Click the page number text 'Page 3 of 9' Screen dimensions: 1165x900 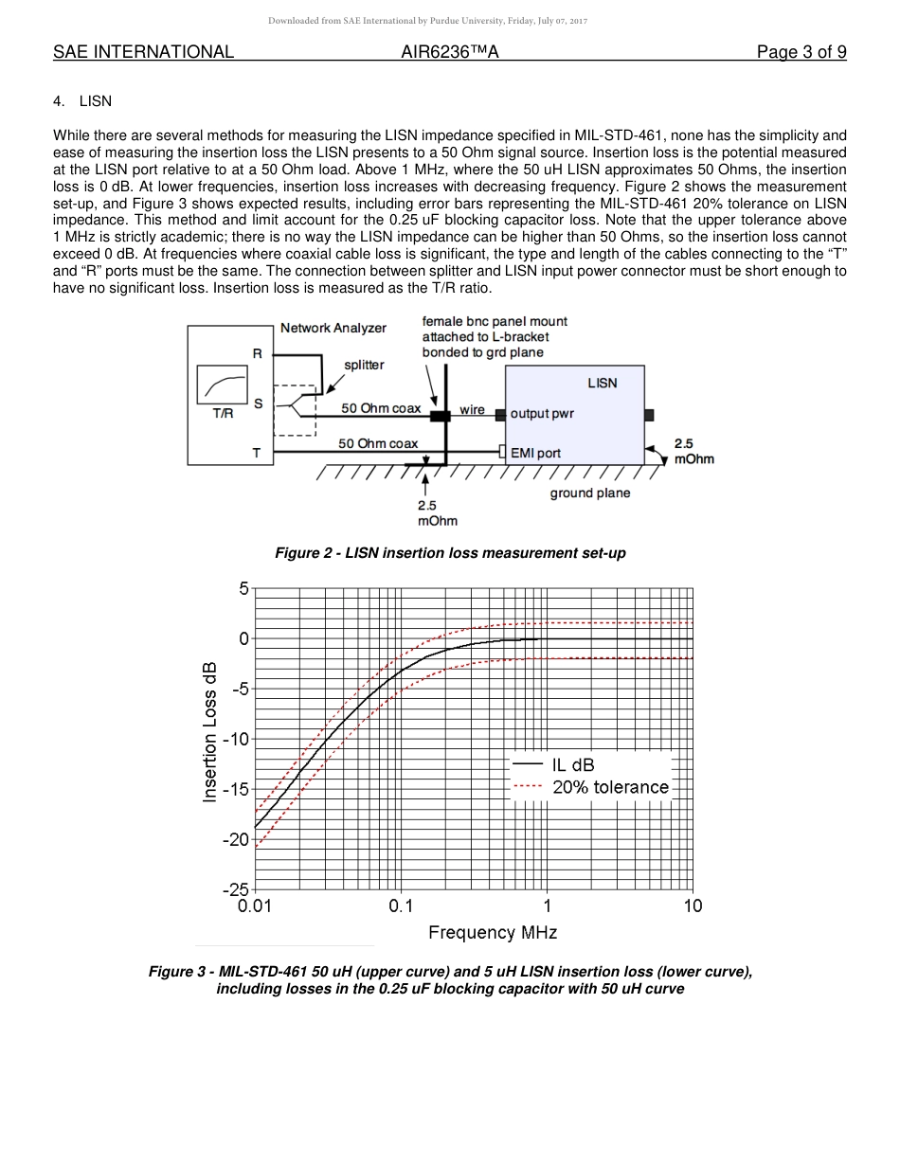tap(801, 52)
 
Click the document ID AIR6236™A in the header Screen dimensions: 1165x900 tap(450, 52)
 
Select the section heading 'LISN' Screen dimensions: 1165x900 tap(95, 101)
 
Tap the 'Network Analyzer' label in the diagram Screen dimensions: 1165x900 tap(333, 328)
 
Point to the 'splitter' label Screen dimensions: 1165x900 tap(364, 364)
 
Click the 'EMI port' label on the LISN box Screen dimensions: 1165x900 tap(535, 453)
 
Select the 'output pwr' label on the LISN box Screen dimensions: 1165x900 tap(542, 413)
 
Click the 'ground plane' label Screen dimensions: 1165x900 tap(589, 493)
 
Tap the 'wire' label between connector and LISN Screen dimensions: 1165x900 tap(472, 409)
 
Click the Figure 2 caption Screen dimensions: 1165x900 tap(450, 552)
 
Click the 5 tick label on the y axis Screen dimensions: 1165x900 tap(243, 588)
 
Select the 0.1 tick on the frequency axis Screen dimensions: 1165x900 tap(401, 905)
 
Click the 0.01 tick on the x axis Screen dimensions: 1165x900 tap(255, 905)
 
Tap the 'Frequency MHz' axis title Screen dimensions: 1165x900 tap(493, 932)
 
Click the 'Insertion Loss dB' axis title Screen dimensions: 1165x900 tap(210, 731)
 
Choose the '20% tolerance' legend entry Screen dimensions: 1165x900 tap(610, 787)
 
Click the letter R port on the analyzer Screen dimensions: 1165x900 tap(257, 353)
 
